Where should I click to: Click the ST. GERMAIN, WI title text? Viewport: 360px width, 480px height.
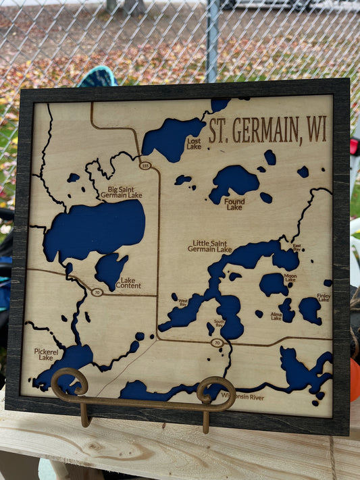tap(267, 130)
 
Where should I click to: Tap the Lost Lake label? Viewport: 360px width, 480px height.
tap(194, 144)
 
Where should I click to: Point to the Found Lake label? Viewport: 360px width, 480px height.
tap(234, 204)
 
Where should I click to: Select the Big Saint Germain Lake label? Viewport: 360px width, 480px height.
tap(121, 193)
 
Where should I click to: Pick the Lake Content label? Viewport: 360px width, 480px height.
tap(129, 282)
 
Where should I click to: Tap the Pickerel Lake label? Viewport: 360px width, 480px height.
tap(46, 354)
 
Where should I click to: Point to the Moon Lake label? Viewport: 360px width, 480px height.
tap(290, 277)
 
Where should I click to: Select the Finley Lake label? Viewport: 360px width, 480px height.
tap(324, 297)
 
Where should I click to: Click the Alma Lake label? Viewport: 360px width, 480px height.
tap(276, 316)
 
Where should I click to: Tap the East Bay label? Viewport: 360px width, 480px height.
tap(297, 247)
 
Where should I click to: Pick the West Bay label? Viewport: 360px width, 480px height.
tap(182, 303)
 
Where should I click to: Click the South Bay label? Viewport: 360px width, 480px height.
tap(220, 324)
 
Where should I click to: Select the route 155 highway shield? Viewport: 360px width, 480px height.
tap(145, 165)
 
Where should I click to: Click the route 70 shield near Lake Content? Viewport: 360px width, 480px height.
tap(97, 292)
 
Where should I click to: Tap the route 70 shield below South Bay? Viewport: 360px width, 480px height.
tap(216, 343)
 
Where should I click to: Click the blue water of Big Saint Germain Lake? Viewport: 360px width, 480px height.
tap(95, 230)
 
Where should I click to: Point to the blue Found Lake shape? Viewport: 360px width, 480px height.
tap(233, 181)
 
